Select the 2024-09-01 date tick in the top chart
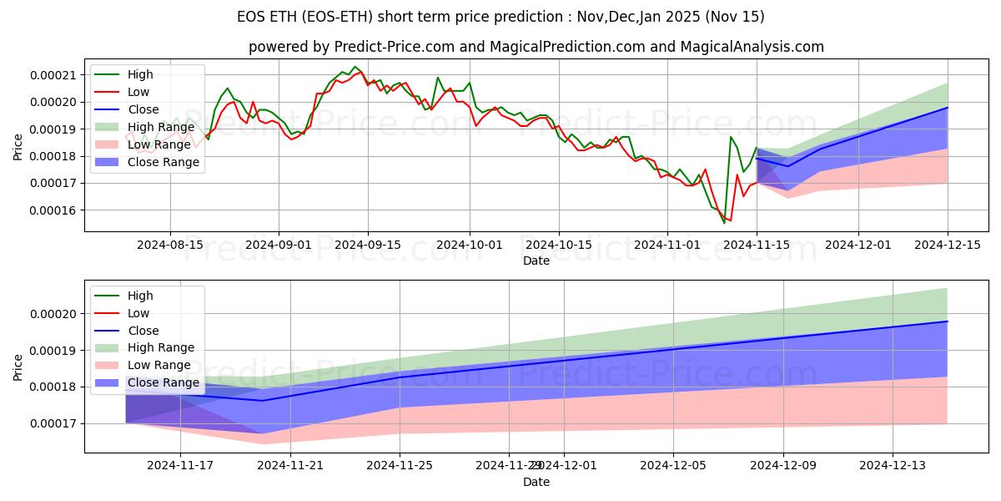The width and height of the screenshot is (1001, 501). click(279, 245)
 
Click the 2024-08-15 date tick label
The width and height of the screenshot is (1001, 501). click(170, 245)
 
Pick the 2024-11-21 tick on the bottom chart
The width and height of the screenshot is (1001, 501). click(290, 466)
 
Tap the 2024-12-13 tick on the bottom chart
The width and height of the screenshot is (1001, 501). click(893, 466)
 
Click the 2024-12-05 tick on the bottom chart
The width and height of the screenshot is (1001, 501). click(673, 466)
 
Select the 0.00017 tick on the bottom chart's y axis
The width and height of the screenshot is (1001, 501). click(54, 423)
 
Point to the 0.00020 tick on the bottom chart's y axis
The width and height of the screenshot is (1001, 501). click(54, 314)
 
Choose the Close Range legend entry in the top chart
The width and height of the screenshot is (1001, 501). click(163, 162)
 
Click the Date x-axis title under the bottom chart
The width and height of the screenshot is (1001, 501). click(536, 482)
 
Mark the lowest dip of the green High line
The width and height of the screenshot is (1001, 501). click(724, 223)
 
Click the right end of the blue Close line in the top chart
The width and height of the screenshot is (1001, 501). click(948, 107)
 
